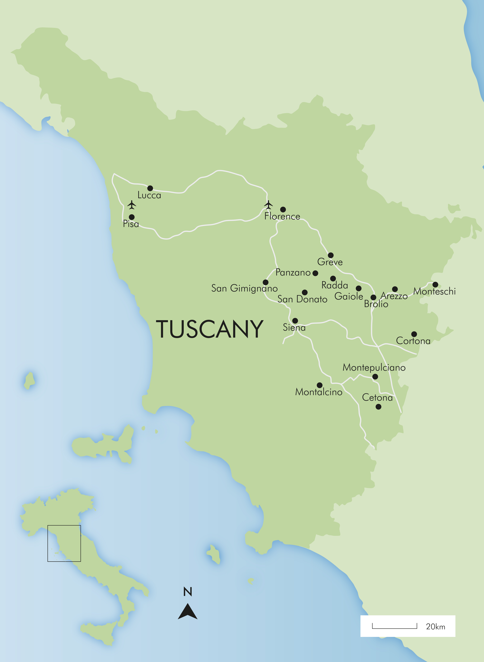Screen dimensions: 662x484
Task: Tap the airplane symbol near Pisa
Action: point(132,205)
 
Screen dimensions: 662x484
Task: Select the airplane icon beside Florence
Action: point(268,205)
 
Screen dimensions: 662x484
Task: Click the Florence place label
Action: point(282,216)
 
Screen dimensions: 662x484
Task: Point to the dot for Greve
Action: point(330,255)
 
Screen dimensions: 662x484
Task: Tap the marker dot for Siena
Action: point(295,320)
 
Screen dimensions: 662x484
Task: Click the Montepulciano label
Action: point(374,367)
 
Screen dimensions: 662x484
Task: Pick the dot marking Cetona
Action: point(378,407)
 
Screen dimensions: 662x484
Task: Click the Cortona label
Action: point(413,341)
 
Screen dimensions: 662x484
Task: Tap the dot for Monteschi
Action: point(435,284)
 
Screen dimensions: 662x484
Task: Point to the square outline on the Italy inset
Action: point(64,543)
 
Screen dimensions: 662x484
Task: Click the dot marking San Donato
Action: point(305,292)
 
